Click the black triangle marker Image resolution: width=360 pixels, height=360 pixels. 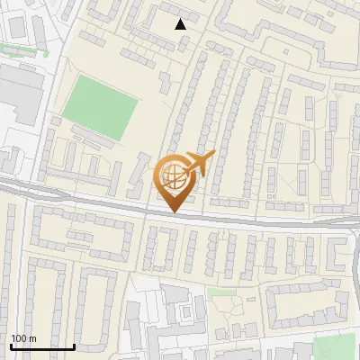pyautogui.click(x=181, y=24)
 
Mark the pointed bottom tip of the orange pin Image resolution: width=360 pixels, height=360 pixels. pyautogui.click(x=175, y=212)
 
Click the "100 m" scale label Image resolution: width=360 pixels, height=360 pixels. pyautogui.click(x=23, y=338)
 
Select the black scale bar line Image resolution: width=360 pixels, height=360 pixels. pyautogui.click(x=42, y=346)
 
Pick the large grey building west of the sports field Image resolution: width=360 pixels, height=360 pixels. pyautogui.click(x=20, y=94)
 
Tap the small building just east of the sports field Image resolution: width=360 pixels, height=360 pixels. pyautogui.click(x=166, y=84)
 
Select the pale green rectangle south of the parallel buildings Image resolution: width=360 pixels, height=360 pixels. pyautogui.click(x=215, y=292)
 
